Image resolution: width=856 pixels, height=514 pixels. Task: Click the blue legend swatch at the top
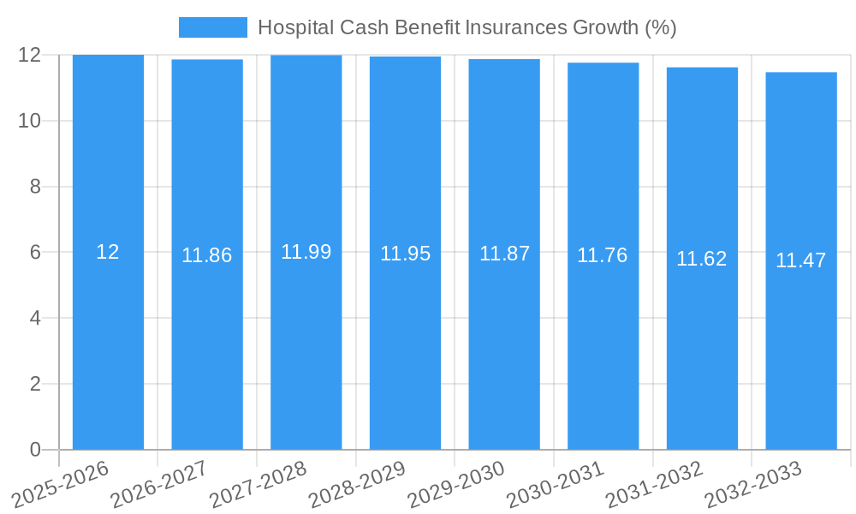212,27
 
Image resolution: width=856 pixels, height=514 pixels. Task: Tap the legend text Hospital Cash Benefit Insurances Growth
467,27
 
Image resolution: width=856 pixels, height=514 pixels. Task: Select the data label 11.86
206,255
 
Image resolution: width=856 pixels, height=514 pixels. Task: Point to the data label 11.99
306,252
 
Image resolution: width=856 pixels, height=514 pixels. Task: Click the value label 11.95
405,254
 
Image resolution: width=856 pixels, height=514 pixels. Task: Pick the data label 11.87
504,254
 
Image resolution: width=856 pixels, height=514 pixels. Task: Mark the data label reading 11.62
701,259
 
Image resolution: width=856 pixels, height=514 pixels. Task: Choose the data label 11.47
800,260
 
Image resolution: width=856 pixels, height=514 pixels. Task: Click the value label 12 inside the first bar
108,252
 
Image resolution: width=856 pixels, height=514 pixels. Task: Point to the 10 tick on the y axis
30,121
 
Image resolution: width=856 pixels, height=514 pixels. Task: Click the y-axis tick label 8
35,187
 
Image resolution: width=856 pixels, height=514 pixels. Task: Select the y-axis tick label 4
35,318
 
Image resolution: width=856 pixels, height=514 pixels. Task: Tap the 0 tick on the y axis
35,450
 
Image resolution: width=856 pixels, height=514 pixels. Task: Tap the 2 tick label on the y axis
35,384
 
